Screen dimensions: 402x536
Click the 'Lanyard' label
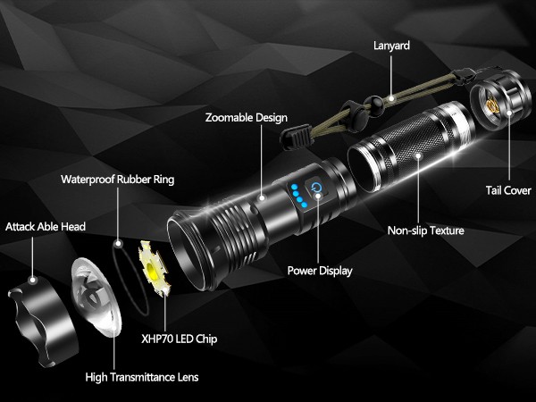coord(391,44)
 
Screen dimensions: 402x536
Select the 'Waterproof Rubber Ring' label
coord(117,179)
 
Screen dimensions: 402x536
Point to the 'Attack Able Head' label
coord(46,227)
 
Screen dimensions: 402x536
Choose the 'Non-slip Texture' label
coord(425,231)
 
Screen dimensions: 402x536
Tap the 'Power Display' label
coord(319,271)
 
